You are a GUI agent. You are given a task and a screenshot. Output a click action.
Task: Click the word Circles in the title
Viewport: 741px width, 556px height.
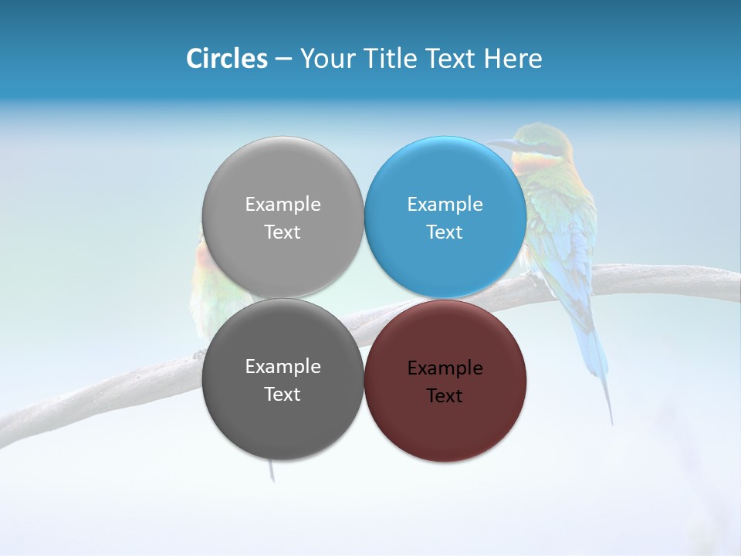[x=227, y=59]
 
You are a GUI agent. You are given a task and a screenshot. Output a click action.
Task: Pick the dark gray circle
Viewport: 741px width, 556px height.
[x=283, y=421]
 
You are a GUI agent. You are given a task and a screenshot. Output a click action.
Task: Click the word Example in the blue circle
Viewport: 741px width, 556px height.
[x=445, y=205]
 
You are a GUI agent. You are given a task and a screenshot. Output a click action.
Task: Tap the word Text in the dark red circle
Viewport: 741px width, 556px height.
[x=445, y=396]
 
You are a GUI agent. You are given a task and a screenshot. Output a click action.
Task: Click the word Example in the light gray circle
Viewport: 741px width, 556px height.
[x=283, y=205]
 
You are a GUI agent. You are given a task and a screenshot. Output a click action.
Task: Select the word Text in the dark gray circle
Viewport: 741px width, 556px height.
[x=283, y=395]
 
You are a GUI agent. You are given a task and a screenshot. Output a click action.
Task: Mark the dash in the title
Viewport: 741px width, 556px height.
[x=283, y=59]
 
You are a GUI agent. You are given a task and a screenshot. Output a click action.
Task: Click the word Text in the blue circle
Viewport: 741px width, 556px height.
[x=445, y=232]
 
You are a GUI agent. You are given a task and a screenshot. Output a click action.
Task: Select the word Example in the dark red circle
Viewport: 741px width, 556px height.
[x=445, y=368]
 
